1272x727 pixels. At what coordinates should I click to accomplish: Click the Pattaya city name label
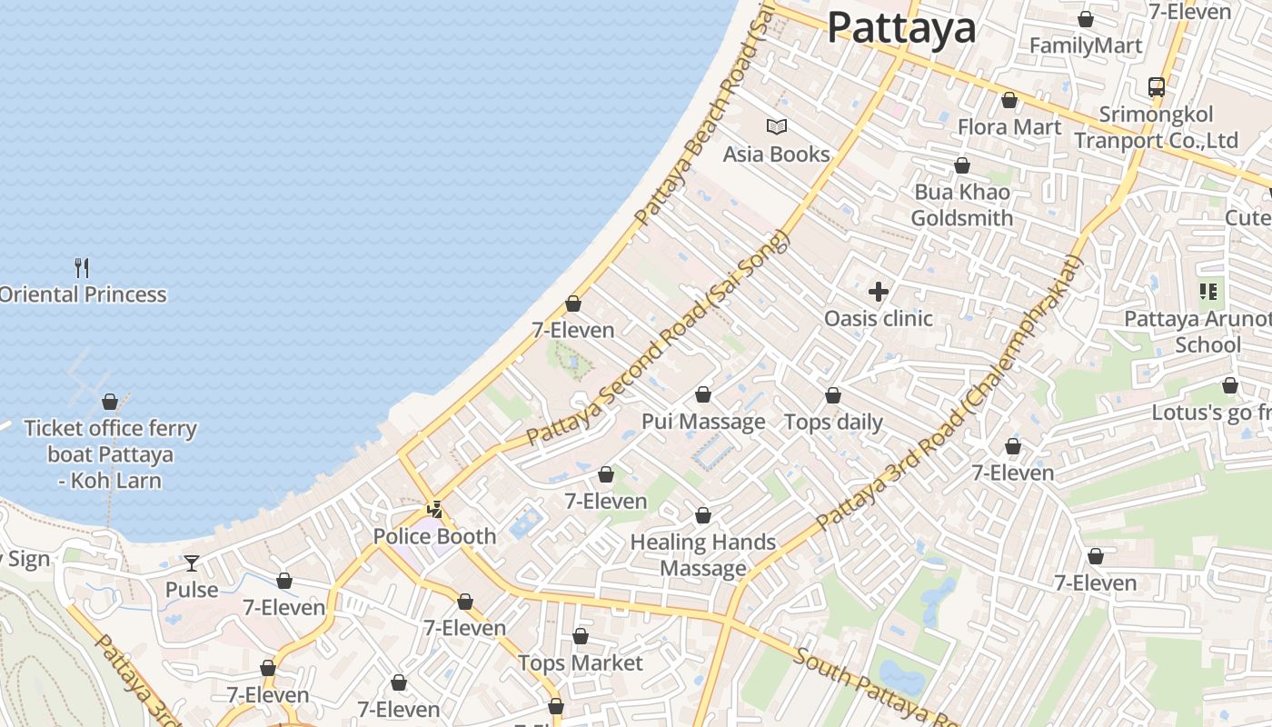tap(901, 28)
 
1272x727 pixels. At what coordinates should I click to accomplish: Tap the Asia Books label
tap(776, 154)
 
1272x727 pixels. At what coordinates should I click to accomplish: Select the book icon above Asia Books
tap(776, 126)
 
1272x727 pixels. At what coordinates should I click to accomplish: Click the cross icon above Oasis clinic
tap(878, 292)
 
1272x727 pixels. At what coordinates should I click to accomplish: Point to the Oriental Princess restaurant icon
tap(82, 267)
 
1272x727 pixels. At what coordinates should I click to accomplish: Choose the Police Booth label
tap(434, 536)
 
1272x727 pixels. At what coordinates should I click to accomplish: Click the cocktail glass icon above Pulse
tap(191, 563)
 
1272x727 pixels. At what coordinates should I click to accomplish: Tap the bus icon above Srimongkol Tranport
tap(1156, 87)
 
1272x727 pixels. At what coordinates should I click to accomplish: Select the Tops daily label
tap(833, 422)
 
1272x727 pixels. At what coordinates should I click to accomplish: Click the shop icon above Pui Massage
tap(702, 395)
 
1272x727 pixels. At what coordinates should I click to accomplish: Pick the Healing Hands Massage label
tap(702, 555)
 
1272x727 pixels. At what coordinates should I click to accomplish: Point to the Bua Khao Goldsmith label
tap(961, 205)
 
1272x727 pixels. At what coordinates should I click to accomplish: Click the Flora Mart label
tap(1009, 126)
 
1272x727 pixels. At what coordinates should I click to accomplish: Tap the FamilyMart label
tap(1085, 45)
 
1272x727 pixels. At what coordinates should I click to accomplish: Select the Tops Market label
tap(580, 663)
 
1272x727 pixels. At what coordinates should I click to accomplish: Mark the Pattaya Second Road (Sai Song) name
tap(659, 338)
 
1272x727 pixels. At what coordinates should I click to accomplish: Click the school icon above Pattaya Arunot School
tap(1208, 292)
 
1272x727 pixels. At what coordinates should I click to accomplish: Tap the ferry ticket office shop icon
tap(109, 402)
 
